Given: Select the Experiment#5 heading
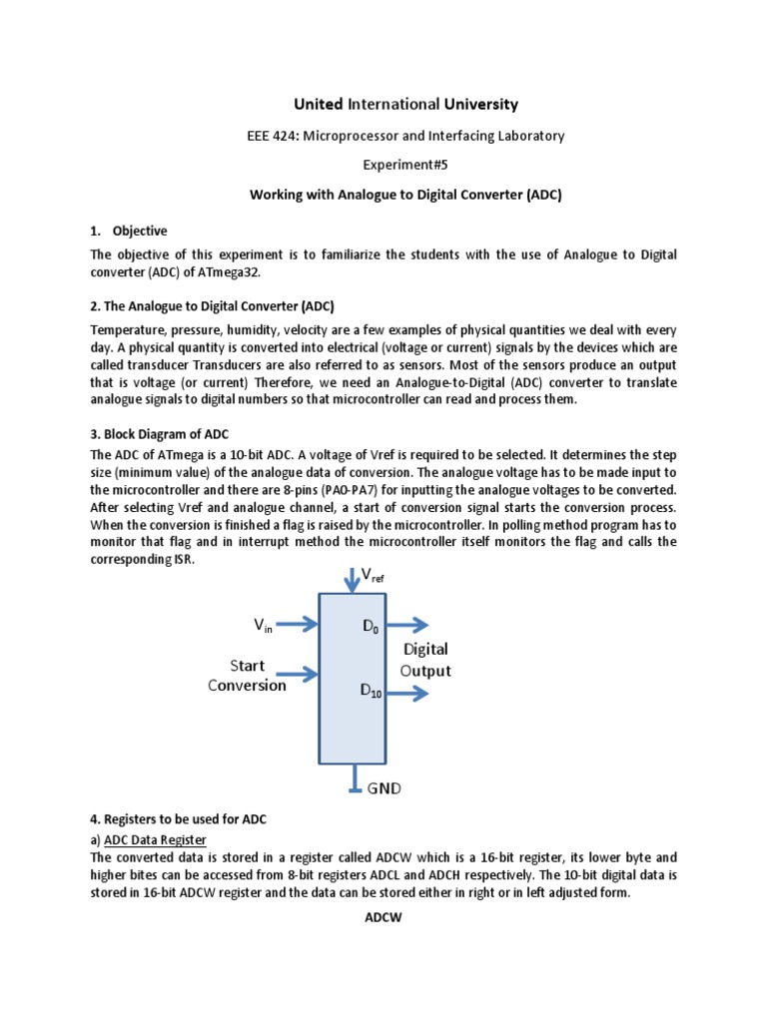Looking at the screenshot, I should [383, 166].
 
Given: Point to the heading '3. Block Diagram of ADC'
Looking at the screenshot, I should [161, 434].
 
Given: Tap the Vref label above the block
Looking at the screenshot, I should [372, 575].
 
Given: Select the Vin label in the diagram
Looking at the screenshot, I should [264, 625].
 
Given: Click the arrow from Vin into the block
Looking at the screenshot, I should [298, 626].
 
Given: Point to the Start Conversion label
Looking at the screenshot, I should [247, 675].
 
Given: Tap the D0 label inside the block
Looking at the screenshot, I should [371, 627].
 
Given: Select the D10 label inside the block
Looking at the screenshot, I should [373, 690].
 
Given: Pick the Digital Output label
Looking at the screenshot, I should [425, 660].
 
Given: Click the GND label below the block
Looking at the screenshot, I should [383, 787].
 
